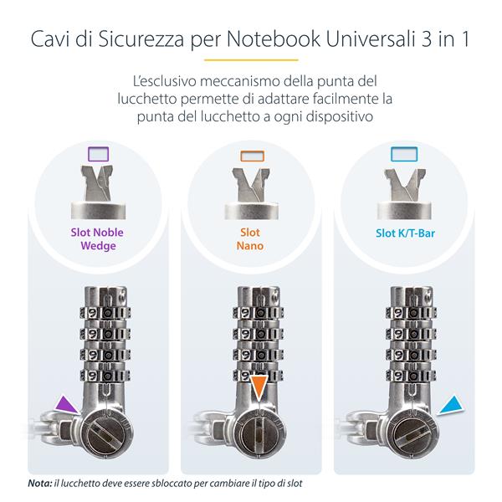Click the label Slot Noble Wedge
(x=99, y=239)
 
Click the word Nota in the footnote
(x=38, y=484)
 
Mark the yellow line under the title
(x=251, y=60)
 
